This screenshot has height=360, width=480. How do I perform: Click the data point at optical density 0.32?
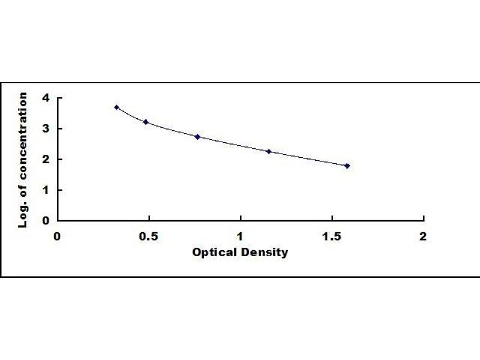(116, 107)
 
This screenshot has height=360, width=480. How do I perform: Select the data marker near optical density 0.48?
(146, 122)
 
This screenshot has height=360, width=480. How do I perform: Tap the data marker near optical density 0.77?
(197, 137)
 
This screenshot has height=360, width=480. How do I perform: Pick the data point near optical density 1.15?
(269, 152)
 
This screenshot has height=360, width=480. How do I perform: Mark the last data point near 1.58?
(347, 166)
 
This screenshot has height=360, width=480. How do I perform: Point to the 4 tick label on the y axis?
(46, 98)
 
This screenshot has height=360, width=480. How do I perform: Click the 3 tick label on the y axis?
(46, 128)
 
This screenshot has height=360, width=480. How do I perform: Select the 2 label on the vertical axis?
(46, 159)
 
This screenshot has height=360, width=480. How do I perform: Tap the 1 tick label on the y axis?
(46, 190)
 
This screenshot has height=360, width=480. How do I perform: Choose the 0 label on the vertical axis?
(46, 220)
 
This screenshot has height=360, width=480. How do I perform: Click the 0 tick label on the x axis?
(58, 236)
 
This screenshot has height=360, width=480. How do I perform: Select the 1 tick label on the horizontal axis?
(241, 236)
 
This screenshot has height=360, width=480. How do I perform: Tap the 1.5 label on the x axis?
(332, 236)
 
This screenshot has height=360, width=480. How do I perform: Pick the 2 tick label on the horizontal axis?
(423, 236)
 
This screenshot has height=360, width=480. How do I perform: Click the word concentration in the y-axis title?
(24, 132)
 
